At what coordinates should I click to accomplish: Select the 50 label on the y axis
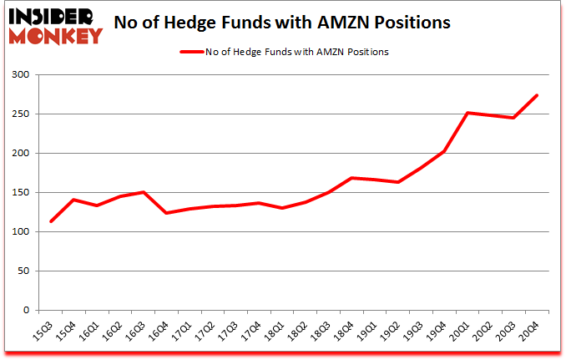pos(24,271)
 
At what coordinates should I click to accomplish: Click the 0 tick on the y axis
pos(27,311)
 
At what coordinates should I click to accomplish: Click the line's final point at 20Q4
pos(538,95)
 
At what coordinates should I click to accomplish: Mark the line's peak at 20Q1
pos(468,113)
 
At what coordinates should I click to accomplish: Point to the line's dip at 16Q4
pos(166,213)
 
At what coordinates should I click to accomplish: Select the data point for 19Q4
pos(445,151)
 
